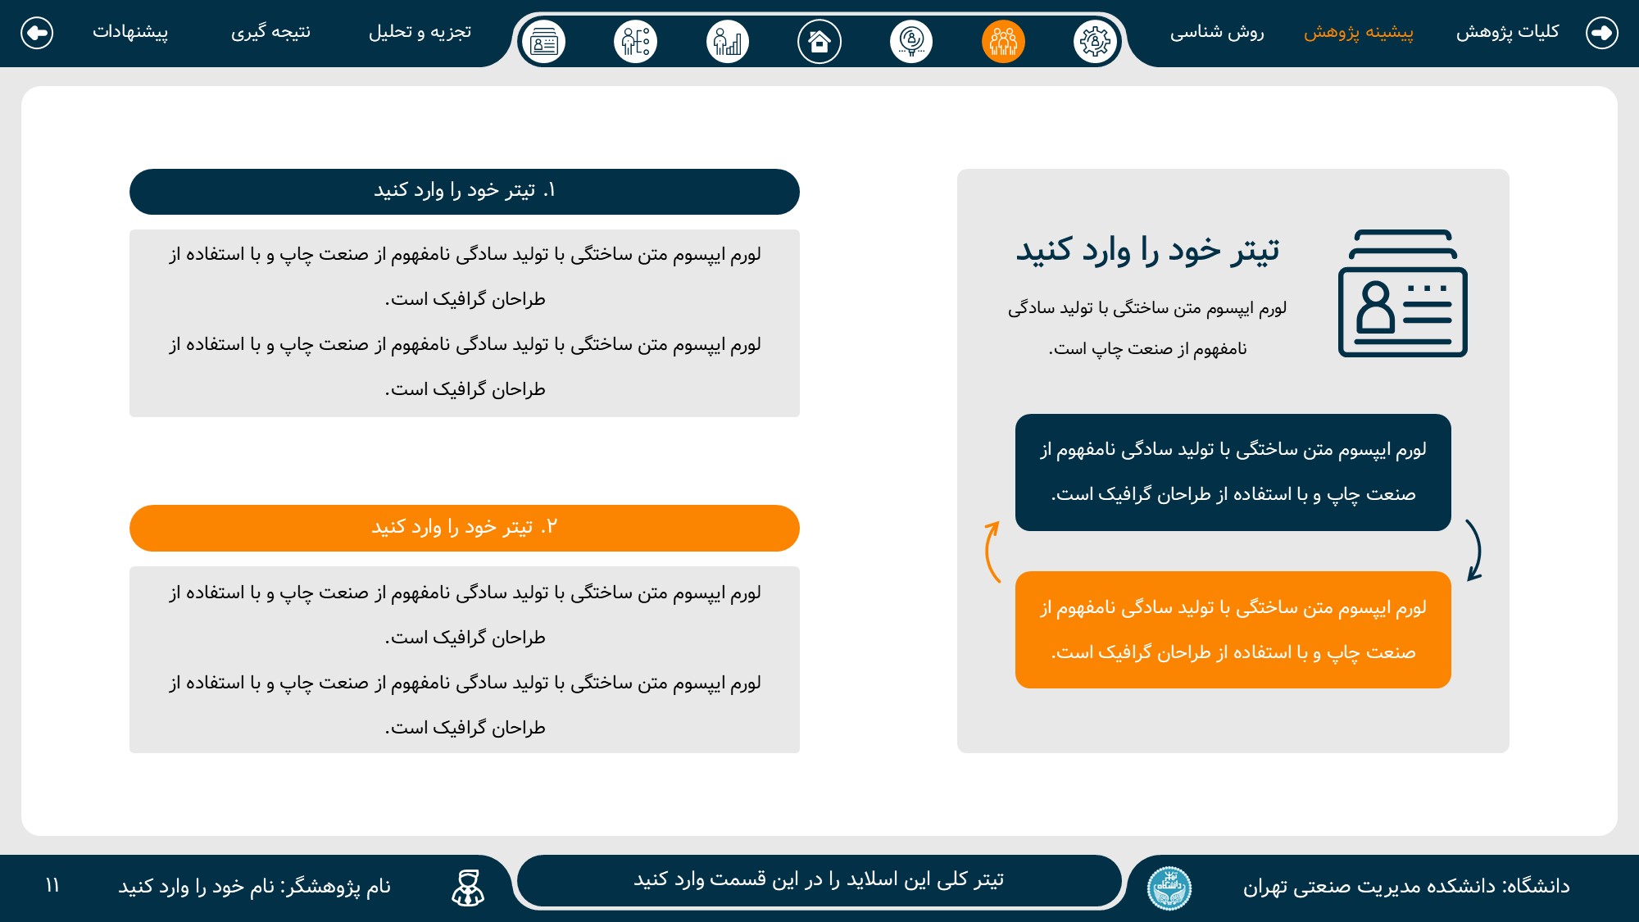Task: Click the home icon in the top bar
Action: (819, 41)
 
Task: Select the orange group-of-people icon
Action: (1003, 41)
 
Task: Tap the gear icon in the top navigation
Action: (1095, 41)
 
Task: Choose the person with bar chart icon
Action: (728, 41)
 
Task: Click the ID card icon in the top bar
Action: (544, 41)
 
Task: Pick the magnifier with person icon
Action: (911, 41)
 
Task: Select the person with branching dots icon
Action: (636, 41)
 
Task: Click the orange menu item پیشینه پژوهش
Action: (1359, 32)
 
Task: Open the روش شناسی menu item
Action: (1217, 32)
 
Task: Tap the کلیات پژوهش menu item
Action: (1507, 32)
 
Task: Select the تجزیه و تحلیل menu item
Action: (420, 32)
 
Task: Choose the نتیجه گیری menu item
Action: (270, 32)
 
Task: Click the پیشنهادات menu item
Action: (130, 32)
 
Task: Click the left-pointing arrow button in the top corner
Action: (37, 33)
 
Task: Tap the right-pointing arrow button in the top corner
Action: (1602, 33)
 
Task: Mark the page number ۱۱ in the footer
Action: (52, 886)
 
